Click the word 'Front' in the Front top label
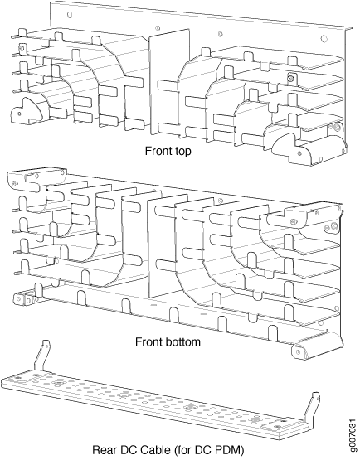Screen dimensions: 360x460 156,152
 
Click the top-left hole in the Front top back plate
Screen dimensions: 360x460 70,14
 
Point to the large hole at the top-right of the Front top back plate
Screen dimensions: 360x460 324,38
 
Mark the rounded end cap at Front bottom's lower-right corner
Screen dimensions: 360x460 317,346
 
